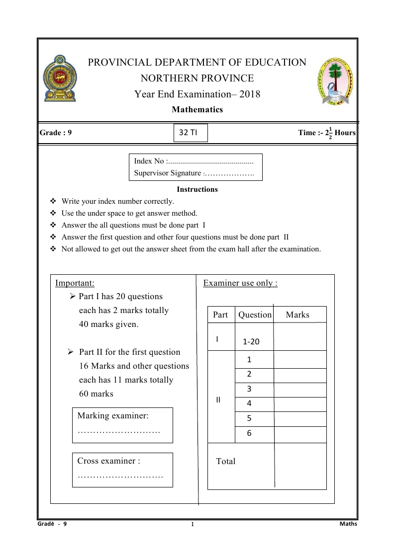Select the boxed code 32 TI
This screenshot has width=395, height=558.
pos(191,133)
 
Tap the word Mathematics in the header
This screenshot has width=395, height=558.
pos(197,110)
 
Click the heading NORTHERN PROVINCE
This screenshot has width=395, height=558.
pos(197,78)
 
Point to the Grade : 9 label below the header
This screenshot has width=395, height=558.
pos(56,133)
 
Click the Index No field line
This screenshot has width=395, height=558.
pos(194,161)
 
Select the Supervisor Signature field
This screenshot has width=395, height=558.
pos(194,173)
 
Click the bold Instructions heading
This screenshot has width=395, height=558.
pos(197,189)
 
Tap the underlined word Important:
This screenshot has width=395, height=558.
pos(75,283)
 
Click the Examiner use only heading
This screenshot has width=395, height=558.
pos(240,283)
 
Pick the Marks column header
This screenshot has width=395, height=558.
pos(297,315)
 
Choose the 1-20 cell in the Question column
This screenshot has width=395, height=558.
pos(251,342)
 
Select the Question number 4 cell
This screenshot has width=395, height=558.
pos(249,404)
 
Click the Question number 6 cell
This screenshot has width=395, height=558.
pos(249,434)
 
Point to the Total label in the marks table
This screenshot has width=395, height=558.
pos(226,461)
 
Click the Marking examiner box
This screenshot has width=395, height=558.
pos(122,425)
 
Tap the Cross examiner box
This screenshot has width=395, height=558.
pos(122,470)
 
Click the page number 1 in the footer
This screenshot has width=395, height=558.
pos(192,525)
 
